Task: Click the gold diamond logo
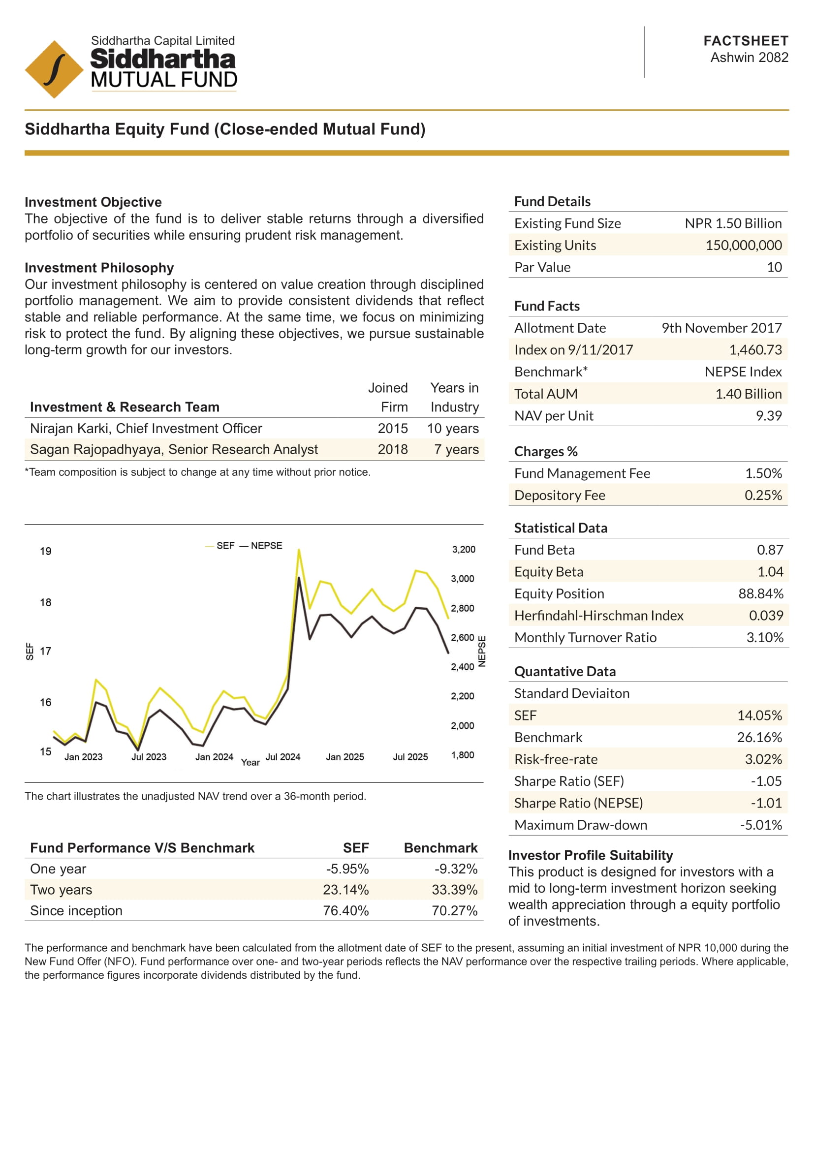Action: click(54, 69)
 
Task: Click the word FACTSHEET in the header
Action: click(745, 41)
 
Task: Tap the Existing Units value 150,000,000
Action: click(743, 245)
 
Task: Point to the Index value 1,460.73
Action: click(755, 350)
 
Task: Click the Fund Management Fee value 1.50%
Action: click(763, 473)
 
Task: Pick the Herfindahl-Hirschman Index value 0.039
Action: click(765, 616)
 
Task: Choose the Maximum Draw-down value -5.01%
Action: click(760, 825)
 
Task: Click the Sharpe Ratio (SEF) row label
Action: click(569, 781)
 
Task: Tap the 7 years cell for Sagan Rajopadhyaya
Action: click(456, 450)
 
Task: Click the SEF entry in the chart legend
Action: click(225, 545)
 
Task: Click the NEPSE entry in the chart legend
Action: click(266, 545)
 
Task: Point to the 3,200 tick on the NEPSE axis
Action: click(464, 550)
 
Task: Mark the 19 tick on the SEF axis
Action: click(46, 552)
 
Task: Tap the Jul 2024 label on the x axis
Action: click(282, 757)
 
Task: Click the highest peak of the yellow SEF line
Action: click(299, 550)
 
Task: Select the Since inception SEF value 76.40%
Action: click(345, 911)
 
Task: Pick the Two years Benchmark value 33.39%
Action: click(454, 890)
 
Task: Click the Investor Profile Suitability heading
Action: click(591, 855)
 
